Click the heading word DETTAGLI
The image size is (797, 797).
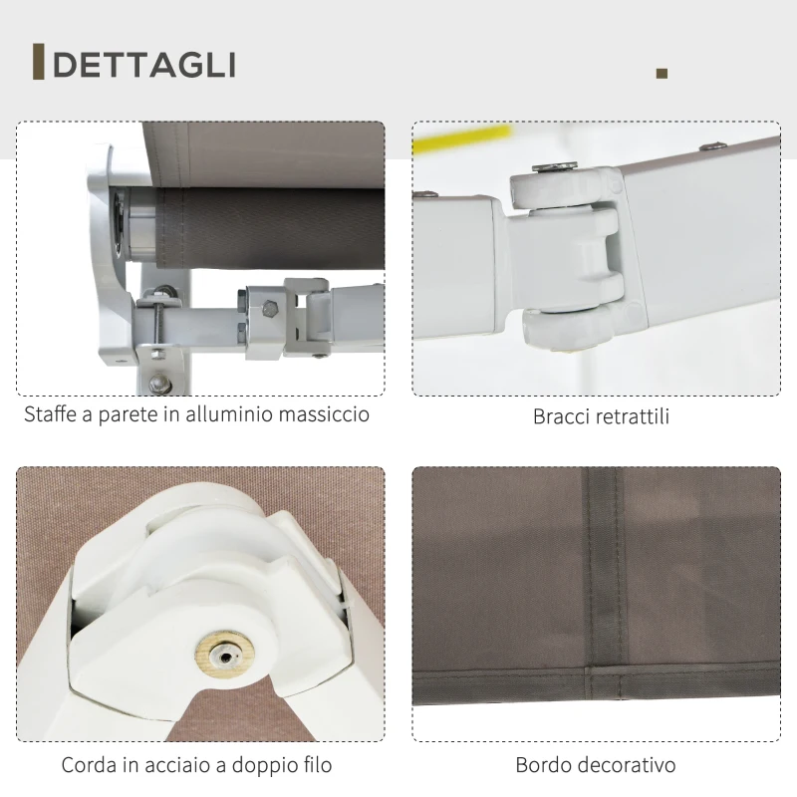pyautogui.click(x=144, y=65)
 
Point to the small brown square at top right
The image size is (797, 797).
pyautogui.click(x=663, y=73)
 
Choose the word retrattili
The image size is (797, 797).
pyautogui.click(x=634, y=416)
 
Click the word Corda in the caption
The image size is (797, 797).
pyautogui.click(x=88, y=766)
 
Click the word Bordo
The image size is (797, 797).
pyautogui.click(x=544, y=766)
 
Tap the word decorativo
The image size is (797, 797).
pyautogui.click(x=629, y=766)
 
